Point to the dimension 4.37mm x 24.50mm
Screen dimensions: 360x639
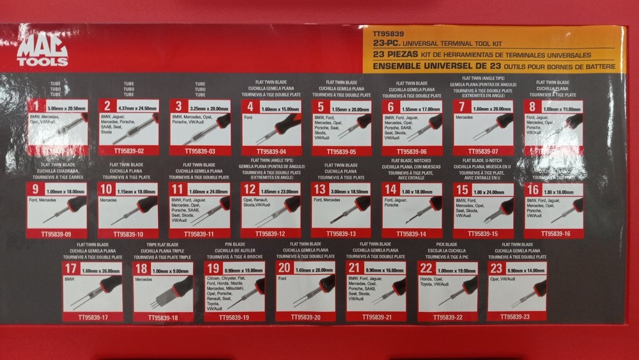click(136, 109)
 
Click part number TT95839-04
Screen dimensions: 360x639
click(272, 152)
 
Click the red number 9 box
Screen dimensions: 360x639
click(36, 190)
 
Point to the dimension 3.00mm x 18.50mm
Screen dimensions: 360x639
click(348, 191)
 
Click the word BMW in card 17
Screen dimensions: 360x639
click(70, 279)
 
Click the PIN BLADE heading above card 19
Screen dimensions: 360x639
click(235, 244)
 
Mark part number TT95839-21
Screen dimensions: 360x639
click(376, 317)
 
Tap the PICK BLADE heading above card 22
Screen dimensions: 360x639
click(447, 244)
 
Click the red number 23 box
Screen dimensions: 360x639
click(496, 269)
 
